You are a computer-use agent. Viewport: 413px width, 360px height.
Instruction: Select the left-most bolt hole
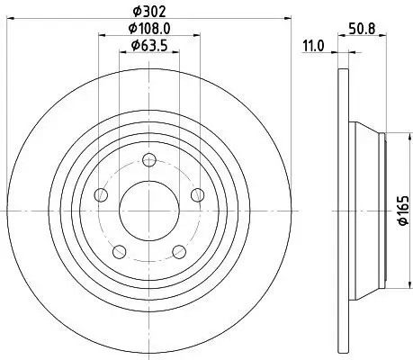101,195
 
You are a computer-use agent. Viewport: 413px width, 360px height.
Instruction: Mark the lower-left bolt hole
119,251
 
